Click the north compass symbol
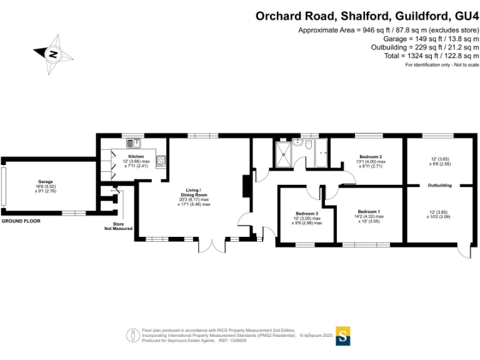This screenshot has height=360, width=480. (52, 54)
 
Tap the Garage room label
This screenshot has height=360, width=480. (44, 182)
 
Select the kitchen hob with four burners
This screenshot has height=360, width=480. (161, 161)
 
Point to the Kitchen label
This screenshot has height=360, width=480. (136, 156)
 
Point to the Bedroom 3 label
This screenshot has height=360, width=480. (306, 212)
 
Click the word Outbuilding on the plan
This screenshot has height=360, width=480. (440, 186)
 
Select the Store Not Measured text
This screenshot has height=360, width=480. (118, 226)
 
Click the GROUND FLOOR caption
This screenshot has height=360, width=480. (21, 221)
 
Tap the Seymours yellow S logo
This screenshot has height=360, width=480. (343, 336)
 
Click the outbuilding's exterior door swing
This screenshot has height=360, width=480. (463, 249)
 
